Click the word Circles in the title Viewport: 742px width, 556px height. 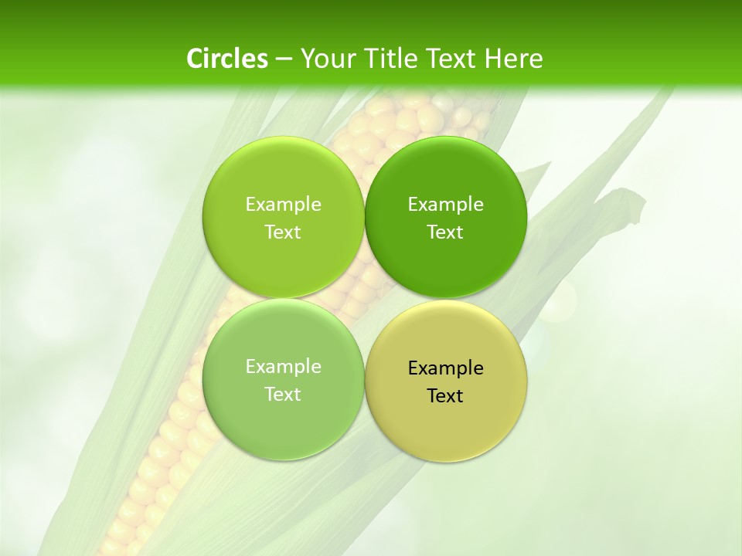pyautogui.click(x=227, y=59)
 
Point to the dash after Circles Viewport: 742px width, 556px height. pyautogui.click(x=284, y=59)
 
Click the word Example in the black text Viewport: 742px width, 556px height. pyautogui.click(x=445, y=368)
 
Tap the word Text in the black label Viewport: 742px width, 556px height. pyautogui.click(x=445, y=396)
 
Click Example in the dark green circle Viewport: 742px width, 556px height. pyautogui.click(x=445, y=205)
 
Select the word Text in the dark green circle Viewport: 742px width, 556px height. pyautogui.click(x=445, y=232)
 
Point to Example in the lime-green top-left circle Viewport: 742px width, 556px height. pyautogui.click(x=283, y=205)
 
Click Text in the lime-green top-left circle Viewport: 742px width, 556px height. pyautogui.click(x=283, y=232)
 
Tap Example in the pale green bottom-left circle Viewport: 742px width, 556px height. pyautogui.click(x=283, y=367)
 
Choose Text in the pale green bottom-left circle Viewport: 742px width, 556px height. pyautogui.click(x=283, y=395)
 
